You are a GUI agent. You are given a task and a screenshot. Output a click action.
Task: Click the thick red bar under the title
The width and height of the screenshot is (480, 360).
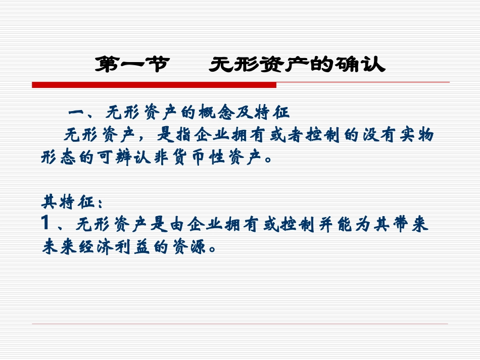154,85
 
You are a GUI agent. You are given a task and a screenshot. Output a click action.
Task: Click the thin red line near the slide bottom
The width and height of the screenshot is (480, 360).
240,324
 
